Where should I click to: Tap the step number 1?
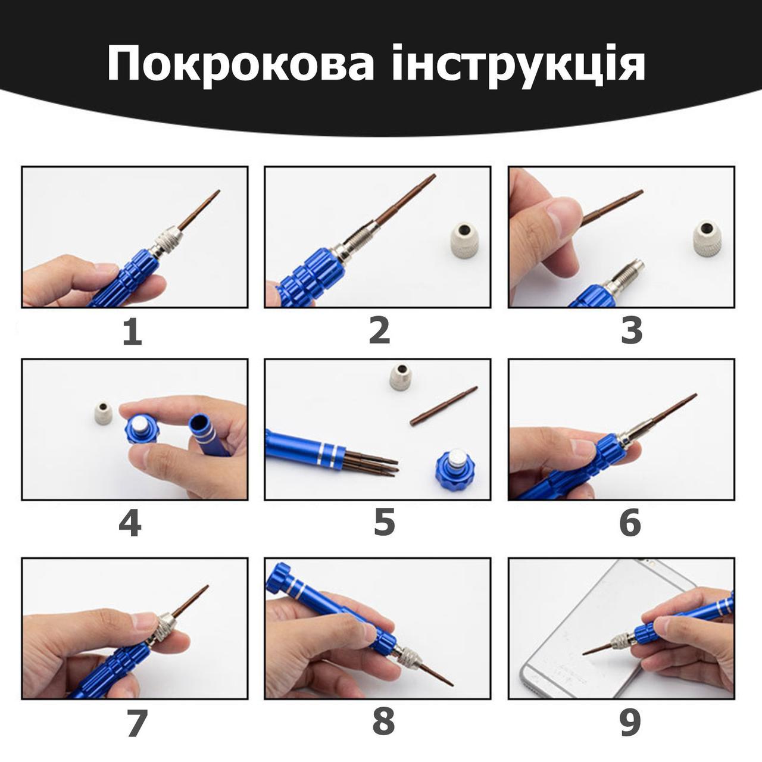click(x=132, y=332)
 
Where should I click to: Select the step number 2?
click(x=379, y=332)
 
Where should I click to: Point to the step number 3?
click(x=632, y=332)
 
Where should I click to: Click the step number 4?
click(x=130, y=523)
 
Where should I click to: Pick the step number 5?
click(x=384, y=523)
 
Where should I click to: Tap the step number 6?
click(x=630, y=523)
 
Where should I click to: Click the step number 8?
click(x=383, y=723)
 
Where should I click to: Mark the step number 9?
click(x=630, y=723)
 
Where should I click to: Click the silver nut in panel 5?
click(x=401, y=376)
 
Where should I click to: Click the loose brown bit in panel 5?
click(x=444, y=406)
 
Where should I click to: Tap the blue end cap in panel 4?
click(x=142, y=429)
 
